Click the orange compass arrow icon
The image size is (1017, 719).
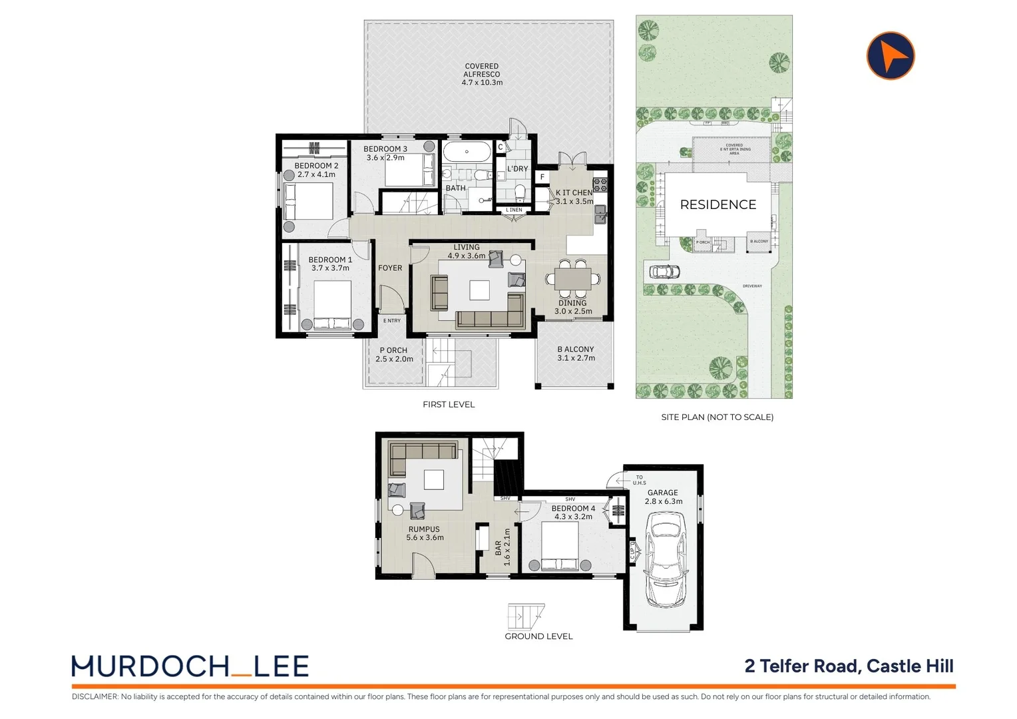point(891,56)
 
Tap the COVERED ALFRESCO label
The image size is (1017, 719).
point(482,75)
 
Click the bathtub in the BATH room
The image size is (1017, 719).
point(467,152)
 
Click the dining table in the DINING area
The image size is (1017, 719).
point(572,279)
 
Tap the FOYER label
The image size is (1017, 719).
point(390,268)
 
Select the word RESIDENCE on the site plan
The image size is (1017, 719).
point(717,205)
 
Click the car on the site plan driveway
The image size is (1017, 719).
point(663,272)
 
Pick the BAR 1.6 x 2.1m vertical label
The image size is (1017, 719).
point(503,547)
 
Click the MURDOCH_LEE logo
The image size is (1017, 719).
point(190,666)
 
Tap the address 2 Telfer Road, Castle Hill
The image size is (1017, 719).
point(849,666)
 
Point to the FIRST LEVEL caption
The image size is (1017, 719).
point(449,405)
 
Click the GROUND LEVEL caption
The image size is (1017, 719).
point(538,636)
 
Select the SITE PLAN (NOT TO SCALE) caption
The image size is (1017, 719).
point(717,417)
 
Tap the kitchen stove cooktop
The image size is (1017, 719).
point(600,184)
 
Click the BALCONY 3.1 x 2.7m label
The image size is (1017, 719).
point(576,354)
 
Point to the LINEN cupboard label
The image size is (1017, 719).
point(514,210)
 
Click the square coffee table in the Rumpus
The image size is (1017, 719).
point(434,480)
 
